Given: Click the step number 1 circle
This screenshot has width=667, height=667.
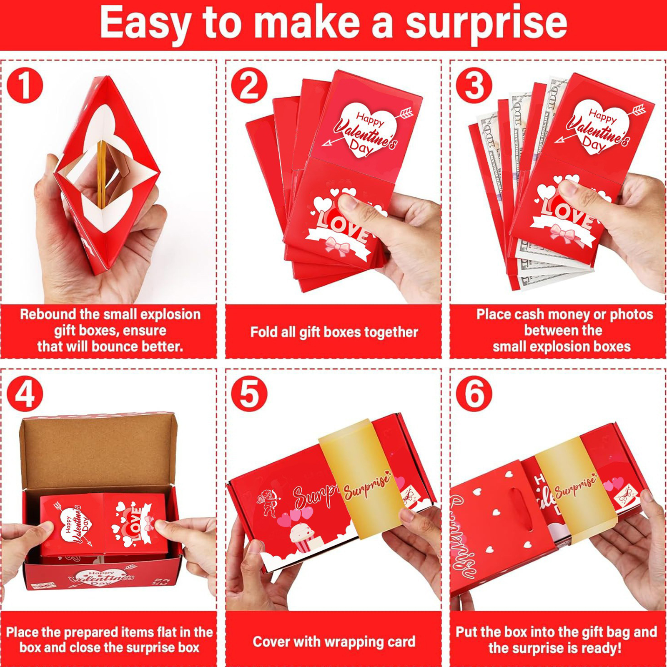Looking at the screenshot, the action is point(25,85).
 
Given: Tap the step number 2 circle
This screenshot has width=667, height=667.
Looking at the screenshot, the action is point(249,85).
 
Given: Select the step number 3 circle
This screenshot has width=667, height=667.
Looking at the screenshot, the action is point(474,85).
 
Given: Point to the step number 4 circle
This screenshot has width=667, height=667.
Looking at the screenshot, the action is point(25,394).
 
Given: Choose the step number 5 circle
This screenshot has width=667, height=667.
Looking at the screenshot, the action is point(249,394).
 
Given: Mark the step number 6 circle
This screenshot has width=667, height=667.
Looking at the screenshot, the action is point(474,394).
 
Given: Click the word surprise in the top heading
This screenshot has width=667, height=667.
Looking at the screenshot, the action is point(486,24).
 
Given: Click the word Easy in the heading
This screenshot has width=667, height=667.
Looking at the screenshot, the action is point(145,24).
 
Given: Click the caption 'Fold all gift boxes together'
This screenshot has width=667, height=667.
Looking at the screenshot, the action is point(334,332).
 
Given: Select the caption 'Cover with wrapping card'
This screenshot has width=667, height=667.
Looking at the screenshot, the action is point(334,642).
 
